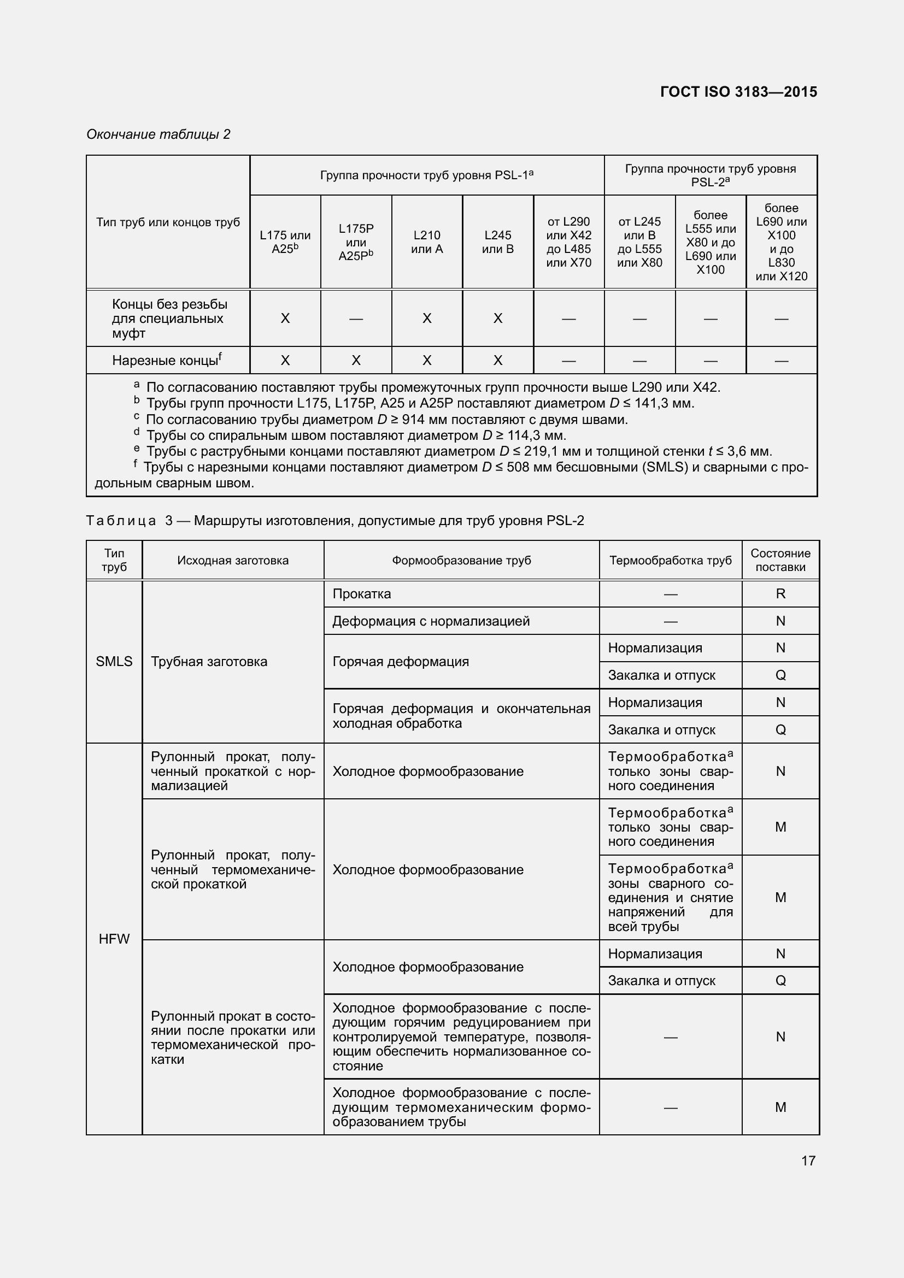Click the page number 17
808,1161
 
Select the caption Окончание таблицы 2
158,134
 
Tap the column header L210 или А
426,242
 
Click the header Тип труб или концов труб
168,222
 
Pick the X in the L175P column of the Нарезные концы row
356,361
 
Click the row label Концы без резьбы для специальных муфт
169,319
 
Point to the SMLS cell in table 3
114,661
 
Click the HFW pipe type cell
114,939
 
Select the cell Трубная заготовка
209,661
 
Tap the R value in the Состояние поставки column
780,594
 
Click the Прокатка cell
362,594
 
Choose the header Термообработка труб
670,560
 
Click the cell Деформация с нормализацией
430,621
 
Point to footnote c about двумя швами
386,420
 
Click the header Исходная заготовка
233,560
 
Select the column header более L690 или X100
781,242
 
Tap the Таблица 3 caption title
334,521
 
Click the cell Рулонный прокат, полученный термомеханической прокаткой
233,869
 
